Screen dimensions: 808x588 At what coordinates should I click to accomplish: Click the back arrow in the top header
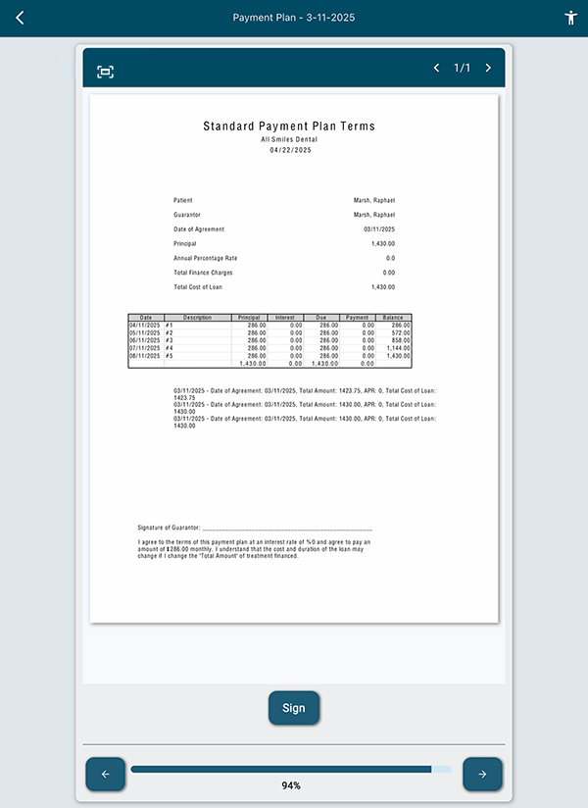pyautogui.click(x=20, y=18)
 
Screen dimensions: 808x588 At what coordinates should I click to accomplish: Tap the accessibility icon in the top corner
pyautogui.click(x=571, y=18)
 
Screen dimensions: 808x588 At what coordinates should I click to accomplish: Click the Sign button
pyautogui.click(x=294, y=708)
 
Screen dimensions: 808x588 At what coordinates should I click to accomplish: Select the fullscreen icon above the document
pyautogui.click(x=106, y=72)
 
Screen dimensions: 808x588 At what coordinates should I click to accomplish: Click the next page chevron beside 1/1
pyautogui.click(x=488, y=69)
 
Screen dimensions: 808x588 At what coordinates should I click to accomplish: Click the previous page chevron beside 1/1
pyautogui.click(x=437, y=69)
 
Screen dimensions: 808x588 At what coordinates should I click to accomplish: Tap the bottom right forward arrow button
pyautogui.click(x=482, y=774)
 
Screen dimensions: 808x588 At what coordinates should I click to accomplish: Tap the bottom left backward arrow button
pyautogui.click(x=106, y=774)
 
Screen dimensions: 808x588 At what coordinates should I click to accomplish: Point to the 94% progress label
pyautogui.click(x=291, y=785)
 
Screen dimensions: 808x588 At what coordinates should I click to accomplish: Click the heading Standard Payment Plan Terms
pyautogui.click(x=289, y=126)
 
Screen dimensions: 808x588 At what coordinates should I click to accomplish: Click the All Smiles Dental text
pyautogui.click(x=289, y=139)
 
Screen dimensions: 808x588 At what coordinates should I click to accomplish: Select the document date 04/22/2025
pyautogui.click(x=289, y=149)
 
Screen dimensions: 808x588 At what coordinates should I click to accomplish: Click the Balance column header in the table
pyautogui.click(x=393, y=318)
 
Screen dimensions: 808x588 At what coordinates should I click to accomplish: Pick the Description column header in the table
pyautogui.click(x=197, y=318)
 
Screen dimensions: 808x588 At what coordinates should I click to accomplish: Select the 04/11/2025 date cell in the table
pyautogui.click(x=146, y=325)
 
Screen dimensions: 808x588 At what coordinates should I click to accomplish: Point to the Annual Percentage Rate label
pyautogui.click(x=206, y=258)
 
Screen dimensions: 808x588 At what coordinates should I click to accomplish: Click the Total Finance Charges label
pyautogui.click(x=203, y=273)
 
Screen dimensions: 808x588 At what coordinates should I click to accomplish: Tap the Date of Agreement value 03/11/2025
pyautogui.click(x=378, y=228)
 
